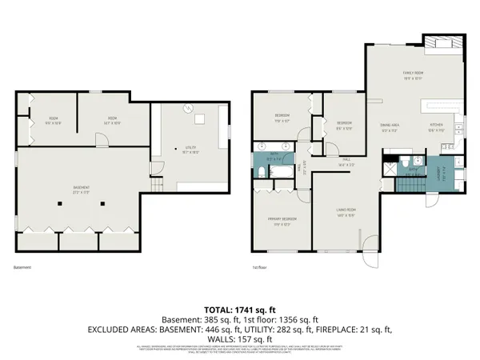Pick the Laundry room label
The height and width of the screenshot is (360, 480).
pyautogui.click(x=439, y=170)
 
